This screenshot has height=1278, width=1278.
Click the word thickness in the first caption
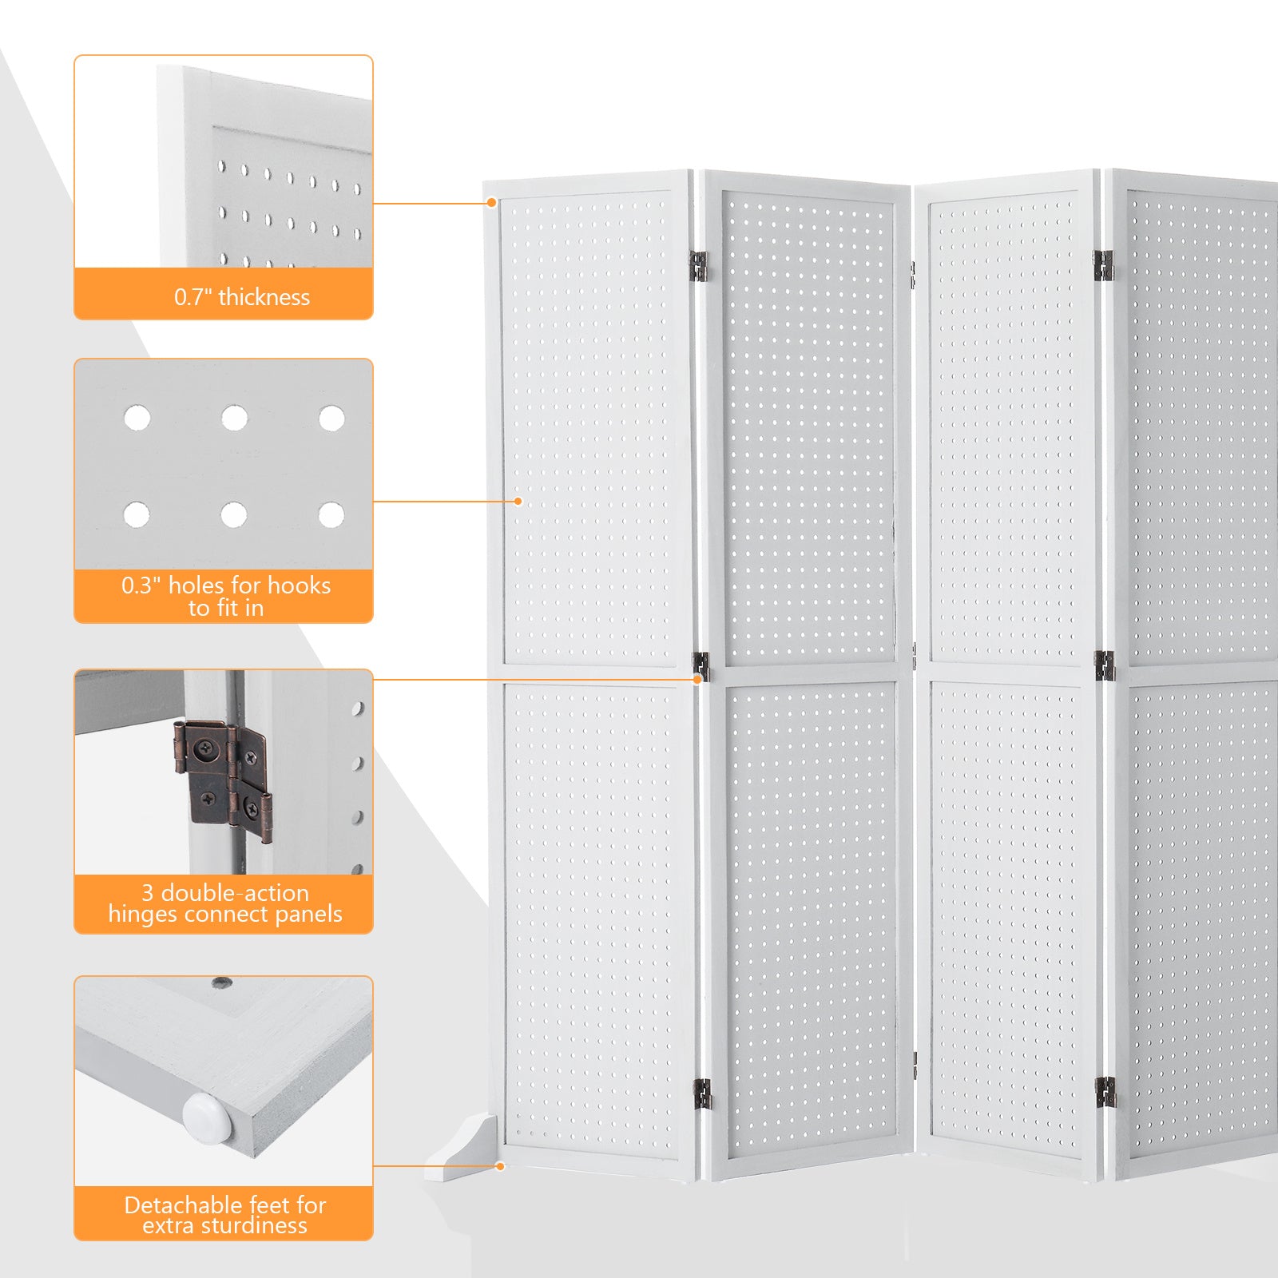(264, 297)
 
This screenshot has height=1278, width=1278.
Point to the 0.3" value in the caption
(141, 585)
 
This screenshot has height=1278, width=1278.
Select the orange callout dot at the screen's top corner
(492, 203)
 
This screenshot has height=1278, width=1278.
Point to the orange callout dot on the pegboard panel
(518, 502)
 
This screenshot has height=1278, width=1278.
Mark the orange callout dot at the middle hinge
(697, 679)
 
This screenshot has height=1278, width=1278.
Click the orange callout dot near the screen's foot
(500, 1166)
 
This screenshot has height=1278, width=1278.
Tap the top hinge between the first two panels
(698, 266)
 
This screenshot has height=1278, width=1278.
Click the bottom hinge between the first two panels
(701, 1093)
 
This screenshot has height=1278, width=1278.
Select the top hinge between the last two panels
(1103, 265)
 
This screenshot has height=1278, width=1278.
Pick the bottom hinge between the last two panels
(1104, 1092)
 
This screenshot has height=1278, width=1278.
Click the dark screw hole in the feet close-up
(222, 982)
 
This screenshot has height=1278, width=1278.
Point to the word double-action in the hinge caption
(235, 892)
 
